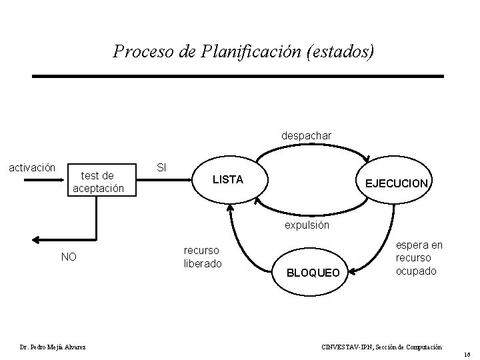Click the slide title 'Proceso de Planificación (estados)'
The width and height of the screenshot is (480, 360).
coord(244,51)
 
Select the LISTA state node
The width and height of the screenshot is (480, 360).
coord(228,180)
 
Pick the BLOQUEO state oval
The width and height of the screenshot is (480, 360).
coord(313,272)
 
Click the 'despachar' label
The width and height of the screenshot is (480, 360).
coord(306,135)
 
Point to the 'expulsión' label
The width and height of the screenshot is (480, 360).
coord(307,225)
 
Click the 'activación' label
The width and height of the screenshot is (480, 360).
coord(32,167)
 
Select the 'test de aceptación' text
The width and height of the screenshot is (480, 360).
coord(97,182)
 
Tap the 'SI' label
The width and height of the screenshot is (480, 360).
coord(161,165)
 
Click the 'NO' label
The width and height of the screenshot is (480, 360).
coord(69,257)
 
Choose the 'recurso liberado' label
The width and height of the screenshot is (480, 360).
coord(202,257)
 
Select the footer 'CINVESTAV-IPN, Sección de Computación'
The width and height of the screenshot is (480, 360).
coord(381,347)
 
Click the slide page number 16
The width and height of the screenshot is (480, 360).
coord(467,355)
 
